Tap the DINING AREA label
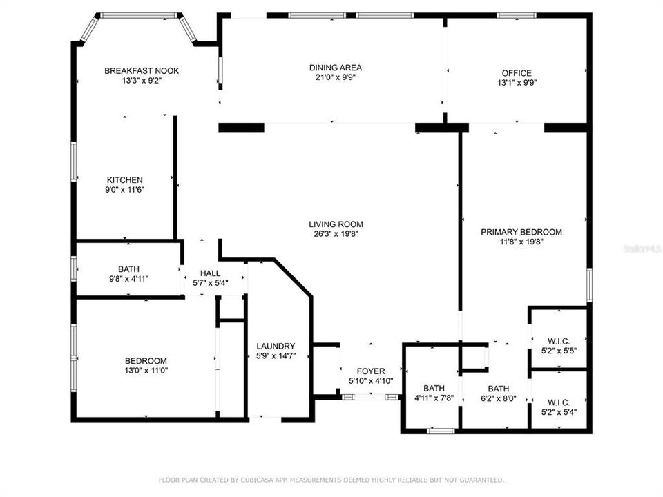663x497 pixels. tap(335, 68)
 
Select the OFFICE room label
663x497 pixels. tap(516, 73)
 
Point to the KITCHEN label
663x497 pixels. tap(124, 180)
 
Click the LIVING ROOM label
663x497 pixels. tap(336, 224)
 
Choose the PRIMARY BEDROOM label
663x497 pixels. tap(521, 232)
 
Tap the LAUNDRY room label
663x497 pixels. tap(276, 347)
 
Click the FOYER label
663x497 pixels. tap(370, 371)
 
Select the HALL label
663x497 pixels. tap(210, 273)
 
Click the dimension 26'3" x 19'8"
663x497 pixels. tap(336, 234)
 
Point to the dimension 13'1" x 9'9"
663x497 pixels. tap(516, 83)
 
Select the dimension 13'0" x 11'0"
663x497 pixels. tap(145, 371)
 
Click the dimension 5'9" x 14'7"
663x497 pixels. tap(276, 356)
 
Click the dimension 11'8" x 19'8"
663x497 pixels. tap(521, 242)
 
